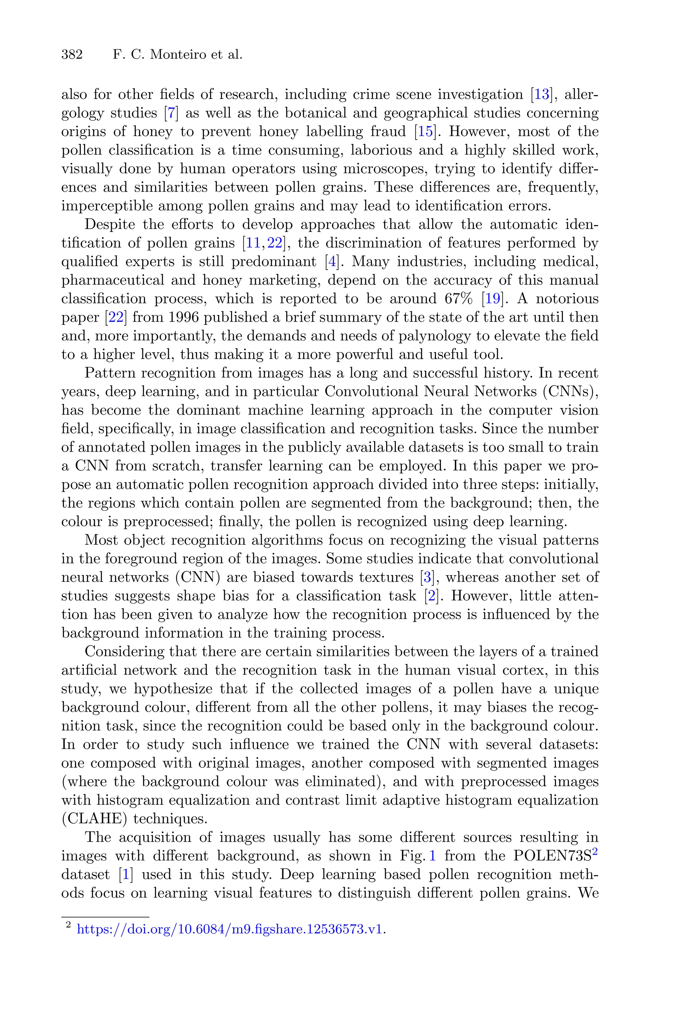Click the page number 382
pos(72,55)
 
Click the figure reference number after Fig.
pos(433,856)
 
